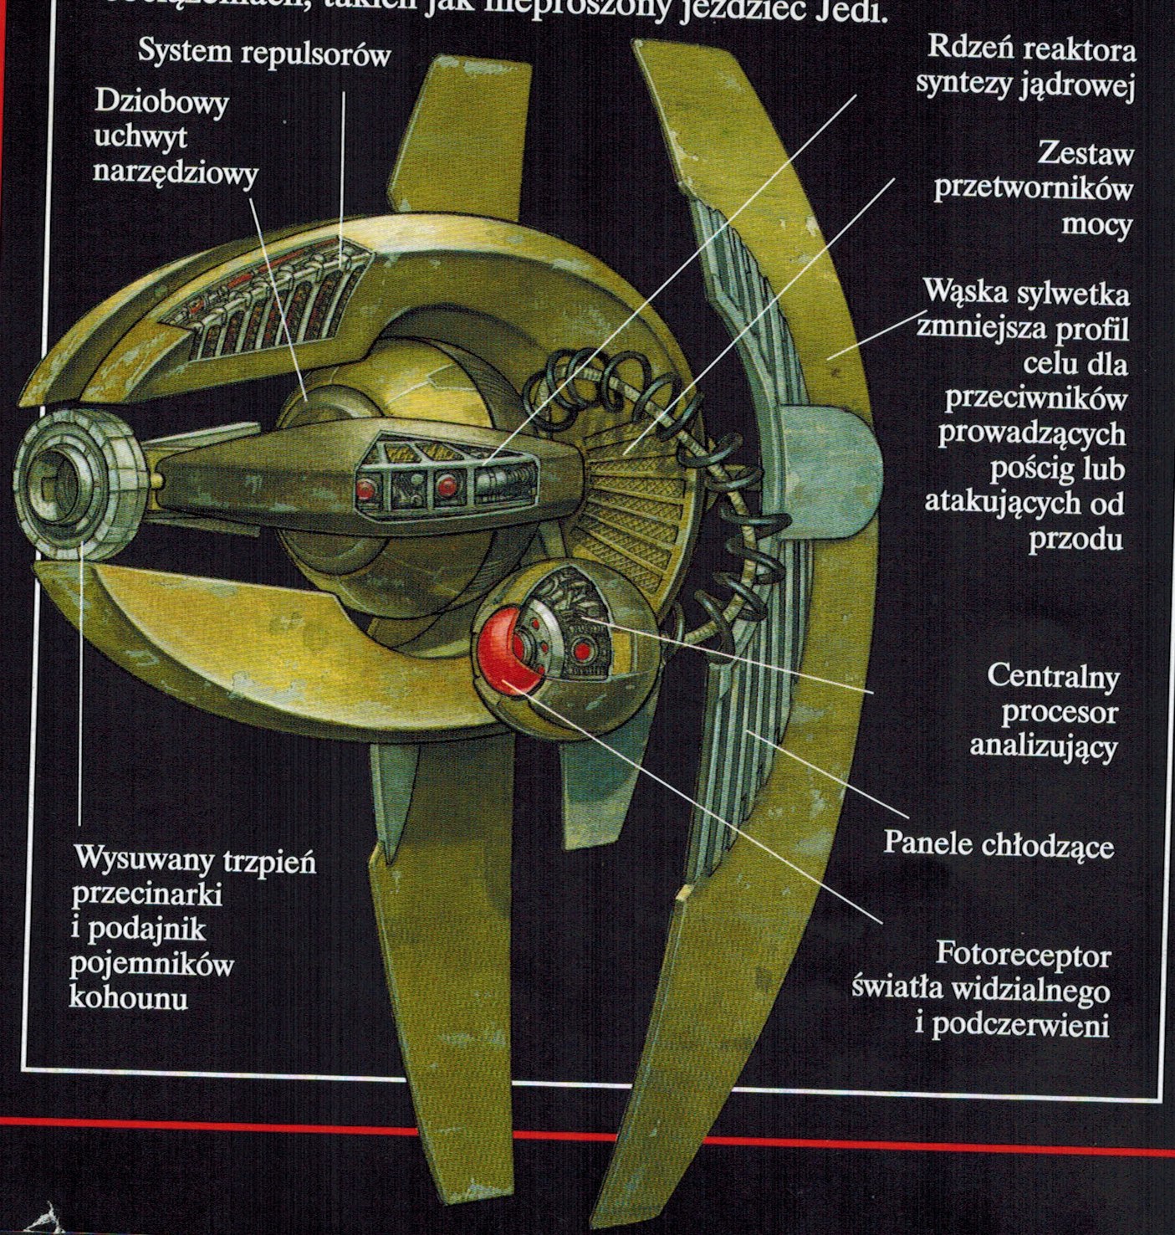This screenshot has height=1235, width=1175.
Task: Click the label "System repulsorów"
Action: click(x=263, y=54)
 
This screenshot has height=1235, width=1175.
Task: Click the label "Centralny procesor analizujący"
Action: click(x=1044, y=711)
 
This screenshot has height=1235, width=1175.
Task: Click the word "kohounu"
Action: click(x=128, y=997)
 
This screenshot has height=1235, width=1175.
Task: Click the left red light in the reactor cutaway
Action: click(x=365, y=489)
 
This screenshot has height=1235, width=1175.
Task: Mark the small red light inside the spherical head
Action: click(x=583, y=648)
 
